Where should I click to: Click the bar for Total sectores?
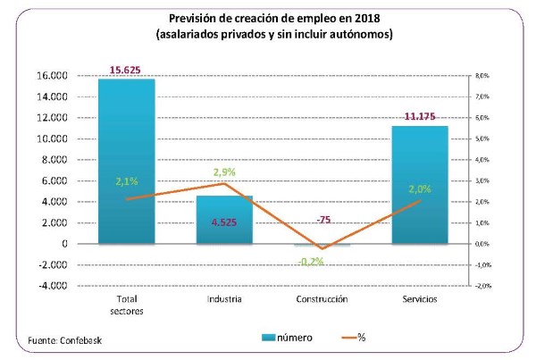pyautogui.click(x=127, y=161)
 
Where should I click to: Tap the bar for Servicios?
pyautogui.click(x=420, y=184)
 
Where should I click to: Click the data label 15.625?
pyautogui.click(x=127, y=69)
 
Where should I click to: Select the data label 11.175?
pyautogui.click(x=420, y=116)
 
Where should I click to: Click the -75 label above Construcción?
pyautogui.click(x=322, y=219)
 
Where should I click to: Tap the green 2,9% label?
pyautogui.click(x=224, y=171)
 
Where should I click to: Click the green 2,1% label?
pyautogui.click(x=127, y=181)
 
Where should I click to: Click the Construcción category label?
pyautogui.click(x=322, y=299)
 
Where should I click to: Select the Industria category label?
pyautogui.click(x=224, y=299)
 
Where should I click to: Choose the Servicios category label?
pyautogui.click(x=420, y=299)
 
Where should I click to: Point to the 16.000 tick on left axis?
pyautogui.click(x=52, y=76)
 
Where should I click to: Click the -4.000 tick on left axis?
pyautogui.click(x=52, y=286)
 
